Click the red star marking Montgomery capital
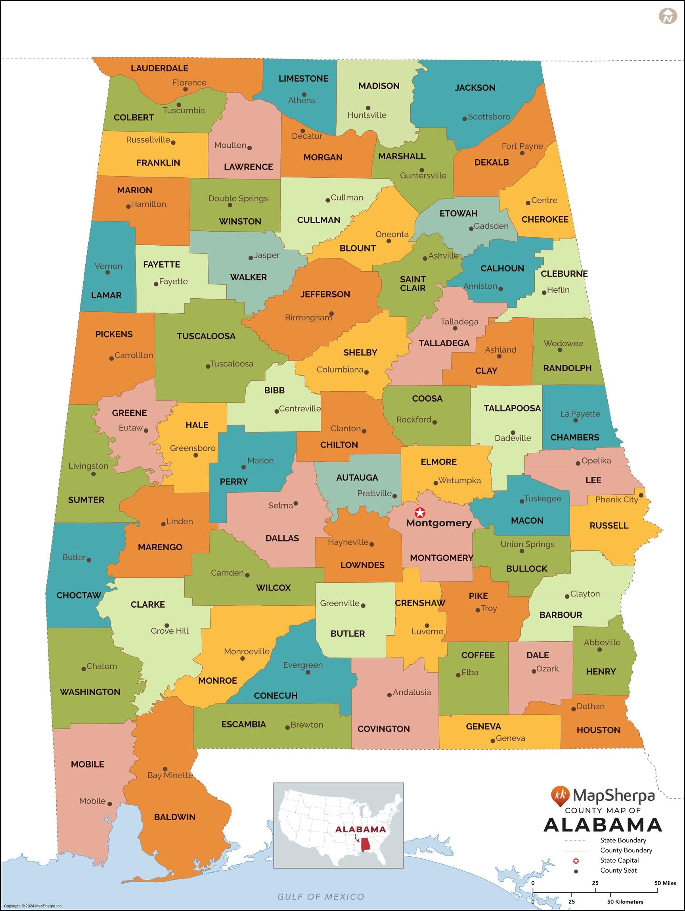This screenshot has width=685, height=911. [x=419, y=513]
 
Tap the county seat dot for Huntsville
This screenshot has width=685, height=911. [x=368, y=108]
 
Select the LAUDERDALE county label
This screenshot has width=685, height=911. [x=159, y=69]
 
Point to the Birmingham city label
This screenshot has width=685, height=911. [x=308, y=318]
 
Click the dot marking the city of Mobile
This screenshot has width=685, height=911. [x=110, y=804]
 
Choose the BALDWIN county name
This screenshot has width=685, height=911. [x=175, y=817]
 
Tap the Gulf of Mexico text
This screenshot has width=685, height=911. [x=321, y=897]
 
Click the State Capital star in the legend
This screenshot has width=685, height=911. [x=576, y=860]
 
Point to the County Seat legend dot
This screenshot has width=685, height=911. [x=576, y=871]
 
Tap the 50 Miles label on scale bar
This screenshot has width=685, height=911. [x=665, y=883]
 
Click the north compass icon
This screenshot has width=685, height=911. [x=668, y=17]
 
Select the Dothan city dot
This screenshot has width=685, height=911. [x=573, y=709]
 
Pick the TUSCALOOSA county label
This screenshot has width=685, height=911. [x=206, y=336]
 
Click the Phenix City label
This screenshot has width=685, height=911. [x=616, y=499]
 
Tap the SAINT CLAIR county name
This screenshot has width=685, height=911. [x=413, y=283]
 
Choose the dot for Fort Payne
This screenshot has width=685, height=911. [x=522, y=153]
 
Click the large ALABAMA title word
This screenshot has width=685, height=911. [x=603, y=825]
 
